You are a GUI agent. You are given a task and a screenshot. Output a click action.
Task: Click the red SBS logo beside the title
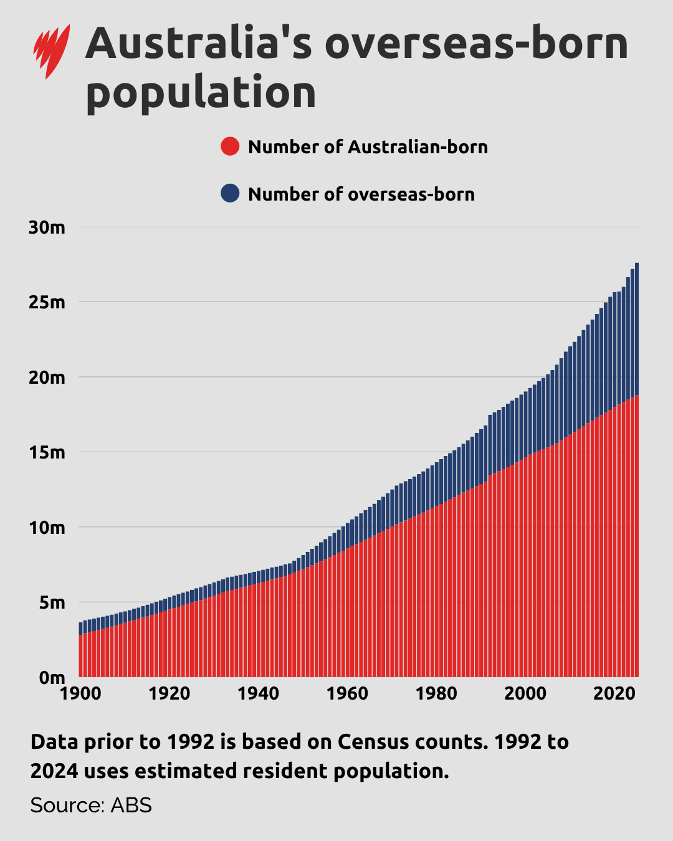(51, 51)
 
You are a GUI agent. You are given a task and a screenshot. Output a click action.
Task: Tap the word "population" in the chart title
(201, 92)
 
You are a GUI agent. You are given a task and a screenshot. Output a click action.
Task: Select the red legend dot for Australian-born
(230, 146)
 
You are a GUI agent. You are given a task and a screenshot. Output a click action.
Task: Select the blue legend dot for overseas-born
(230, 194)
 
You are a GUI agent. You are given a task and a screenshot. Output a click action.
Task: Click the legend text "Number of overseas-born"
(361, 194)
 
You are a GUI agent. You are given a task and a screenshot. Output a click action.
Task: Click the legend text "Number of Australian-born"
(368, 147)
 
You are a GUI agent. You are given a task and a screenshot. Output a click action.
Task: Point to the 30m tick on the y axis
(47, 227)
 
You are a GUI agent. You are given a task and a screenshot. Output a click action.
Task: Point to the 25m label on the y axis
(47, 303)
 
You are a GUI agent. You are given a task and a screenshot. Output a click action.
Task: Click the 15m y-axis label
(47, 453)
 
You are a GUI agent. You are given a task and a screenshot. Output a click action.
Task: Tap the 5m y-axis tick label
(52, 603)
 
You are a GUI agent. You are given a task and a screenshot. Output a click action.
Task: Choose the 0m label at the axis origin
(52, 677)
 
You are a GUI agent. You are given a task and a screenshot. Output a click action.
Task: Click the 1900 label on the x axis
(80, 693)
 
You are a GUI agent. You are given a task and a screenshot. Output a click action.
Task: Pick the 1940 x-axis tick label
(258, 693)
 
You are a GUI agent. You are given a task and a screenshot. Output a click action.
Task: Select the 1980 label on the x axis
(436, 693)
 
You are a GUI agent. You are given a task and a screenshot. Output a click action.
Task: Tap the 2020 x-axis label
(614, 693)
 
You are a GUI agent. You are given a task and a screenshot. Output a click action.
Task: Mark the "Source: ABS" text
(91, 805)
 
